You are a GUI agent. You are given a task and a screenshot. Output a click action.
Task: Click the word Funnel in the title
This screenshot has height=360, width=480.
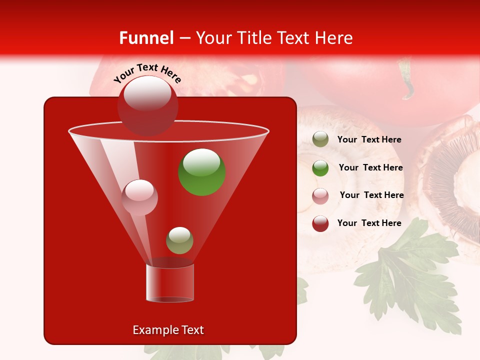(x=146, y=38)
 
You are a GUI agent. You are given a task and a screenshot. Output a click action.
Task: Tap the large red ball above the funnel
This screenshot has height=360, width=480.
(x=147, y=105)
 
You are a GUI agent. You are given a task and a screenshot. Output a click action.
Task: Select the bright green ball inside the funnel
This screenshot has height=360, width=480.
(x=202, y=172)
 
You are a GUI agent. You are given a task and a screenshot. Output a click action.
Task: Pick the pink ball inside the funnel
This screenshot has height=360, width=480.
(x=140, y=197)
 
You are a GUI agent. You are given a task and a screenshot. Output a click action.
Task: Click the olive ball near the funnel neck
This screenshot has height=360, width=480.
(x=179, y=240)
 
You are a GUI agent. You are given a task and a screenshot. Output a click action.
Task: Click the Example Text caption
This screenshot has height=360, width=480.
(x=168, y=330)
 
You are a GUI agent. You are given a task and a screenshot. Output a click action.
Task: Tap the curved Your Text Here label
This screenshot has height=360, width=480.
(x=147, y=72)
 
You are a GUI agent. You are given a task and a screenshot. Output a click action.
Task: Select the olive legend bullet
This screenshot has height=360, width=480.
(x=320, y=139)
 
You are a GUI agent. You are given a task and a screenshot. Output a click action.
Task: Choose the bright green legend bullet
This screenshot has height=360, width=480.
(x=320, y=168)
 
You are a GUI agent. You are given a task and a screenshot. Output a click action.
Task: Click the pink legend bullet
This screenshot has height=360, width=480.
(x=320, y=196)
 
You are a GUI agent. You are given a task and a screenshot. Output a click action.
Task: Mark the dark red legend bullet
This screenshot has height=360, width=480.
(x=320, y=223)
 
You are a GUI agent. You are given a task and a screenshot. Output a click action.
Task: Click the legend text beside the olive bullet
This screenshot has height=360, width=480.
(x=369, y=140)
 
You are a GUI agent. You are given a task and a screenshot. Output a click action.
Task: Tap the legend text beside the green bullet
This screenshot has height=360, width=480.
(x=370, y=167)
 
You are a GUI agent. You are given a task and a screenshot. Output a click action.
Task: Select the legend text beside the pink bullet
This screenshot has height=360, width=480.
(x=371, y=195)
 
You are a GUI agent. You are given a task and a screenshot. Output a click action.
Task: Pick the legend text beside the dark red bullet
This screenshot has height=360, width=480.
(x=369, y=223)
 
